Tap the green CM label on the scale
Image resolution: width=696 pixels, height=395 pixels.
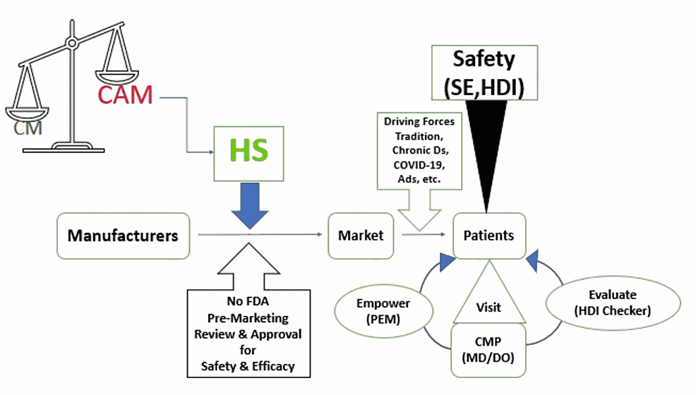click(28, 128)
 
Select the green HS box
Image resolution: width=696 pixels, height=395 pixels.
click(249, 150)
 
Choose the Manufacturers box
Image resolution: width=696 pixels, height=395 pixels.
click(123, 235)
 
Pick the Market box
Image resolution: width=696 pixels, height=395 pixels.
click(360, 235)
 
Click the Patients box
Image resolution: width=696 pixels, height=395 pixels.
click(488, 235)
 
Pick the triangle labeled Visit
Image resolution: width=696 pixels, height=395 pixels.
click(488, 296)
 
